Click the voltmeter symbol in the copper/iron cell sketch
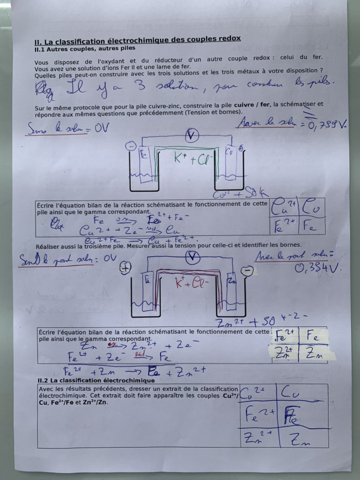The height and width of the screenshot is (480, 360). pos(192,136)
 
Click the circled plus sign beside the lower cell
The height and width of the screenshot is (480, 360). pos(125,268)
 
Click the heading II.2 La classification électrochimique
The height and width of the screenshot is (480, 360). pos(96,380)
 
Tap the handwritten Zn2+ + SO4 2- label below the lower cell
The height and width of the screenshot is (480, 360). pos(260,322)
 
